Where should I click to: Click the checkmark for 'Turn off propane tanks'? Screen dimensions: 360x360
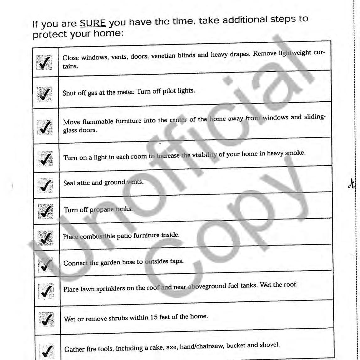coord(45,210)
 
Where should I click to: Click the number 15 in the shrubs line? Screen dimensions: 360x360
coord(156,317)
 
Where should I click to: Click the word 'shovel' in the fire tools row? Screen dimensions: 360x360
coord(270,345)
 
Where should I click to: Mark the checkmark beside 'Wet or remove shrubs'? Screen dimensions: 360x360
coord(46,320)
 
